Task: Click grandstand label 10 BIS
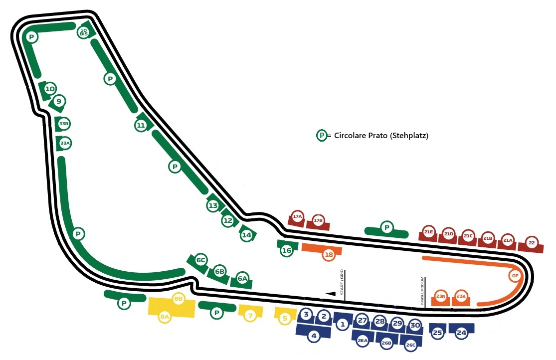(x=84, y=33)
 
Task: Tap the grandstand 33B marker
(x=63, y=123)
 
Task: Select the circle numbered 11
(x=141, y=125)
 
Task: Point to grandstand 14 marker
(x=246, y=235)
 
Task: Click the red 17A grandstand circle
(x=298, y=217)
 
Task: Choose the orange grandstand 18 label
(x=328, y=255)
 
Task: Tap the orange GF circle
(x=515, y=276)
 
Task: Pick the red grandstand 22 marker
(x=532, y=243)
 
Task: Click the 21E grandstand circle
(x=428, y=232)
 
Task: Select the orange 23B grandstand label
(x=440, y=296)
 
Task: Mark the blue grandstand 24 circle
(x=462, y=333)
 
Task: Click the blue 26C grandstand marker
(x=411, y=345)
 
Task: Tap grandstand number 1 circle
(x=342, y=325)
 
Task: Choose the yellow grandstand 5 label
(x=285, y=318)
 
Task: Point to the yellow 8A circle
(x=165, y=317)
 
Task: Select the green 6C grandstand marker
(x=201, y=260)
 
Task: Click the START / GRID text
(x=343, y=284)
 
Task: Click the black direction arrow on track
(x=330, y=294)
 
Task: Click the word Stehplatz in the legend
(x=411, y=135)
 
